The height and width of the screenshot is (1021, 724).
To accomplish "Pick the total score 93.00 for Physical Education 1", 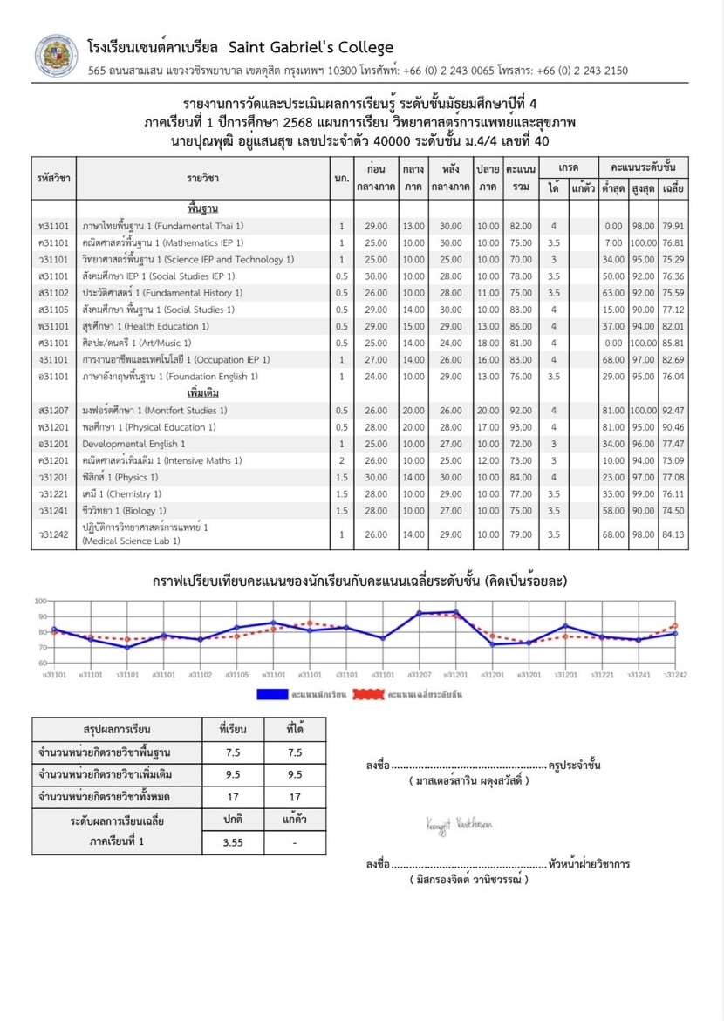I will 522,427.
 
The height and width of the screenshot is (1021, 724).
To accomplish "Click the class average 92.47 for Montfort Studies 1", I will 673,410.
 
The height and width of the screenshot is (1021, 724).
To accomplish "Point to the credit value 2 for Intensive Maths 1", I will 341,460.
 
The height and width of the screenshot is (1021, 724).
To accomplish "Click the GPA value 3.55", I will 232,842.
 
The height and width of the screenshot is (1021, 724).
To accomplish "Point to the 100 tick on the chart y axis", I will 39,602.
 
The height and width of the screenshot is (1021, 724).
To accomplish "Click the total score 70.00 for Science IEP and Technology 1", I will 522,259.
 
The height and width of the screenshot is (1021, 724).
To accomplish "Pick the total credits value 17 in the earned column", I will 294,796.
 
